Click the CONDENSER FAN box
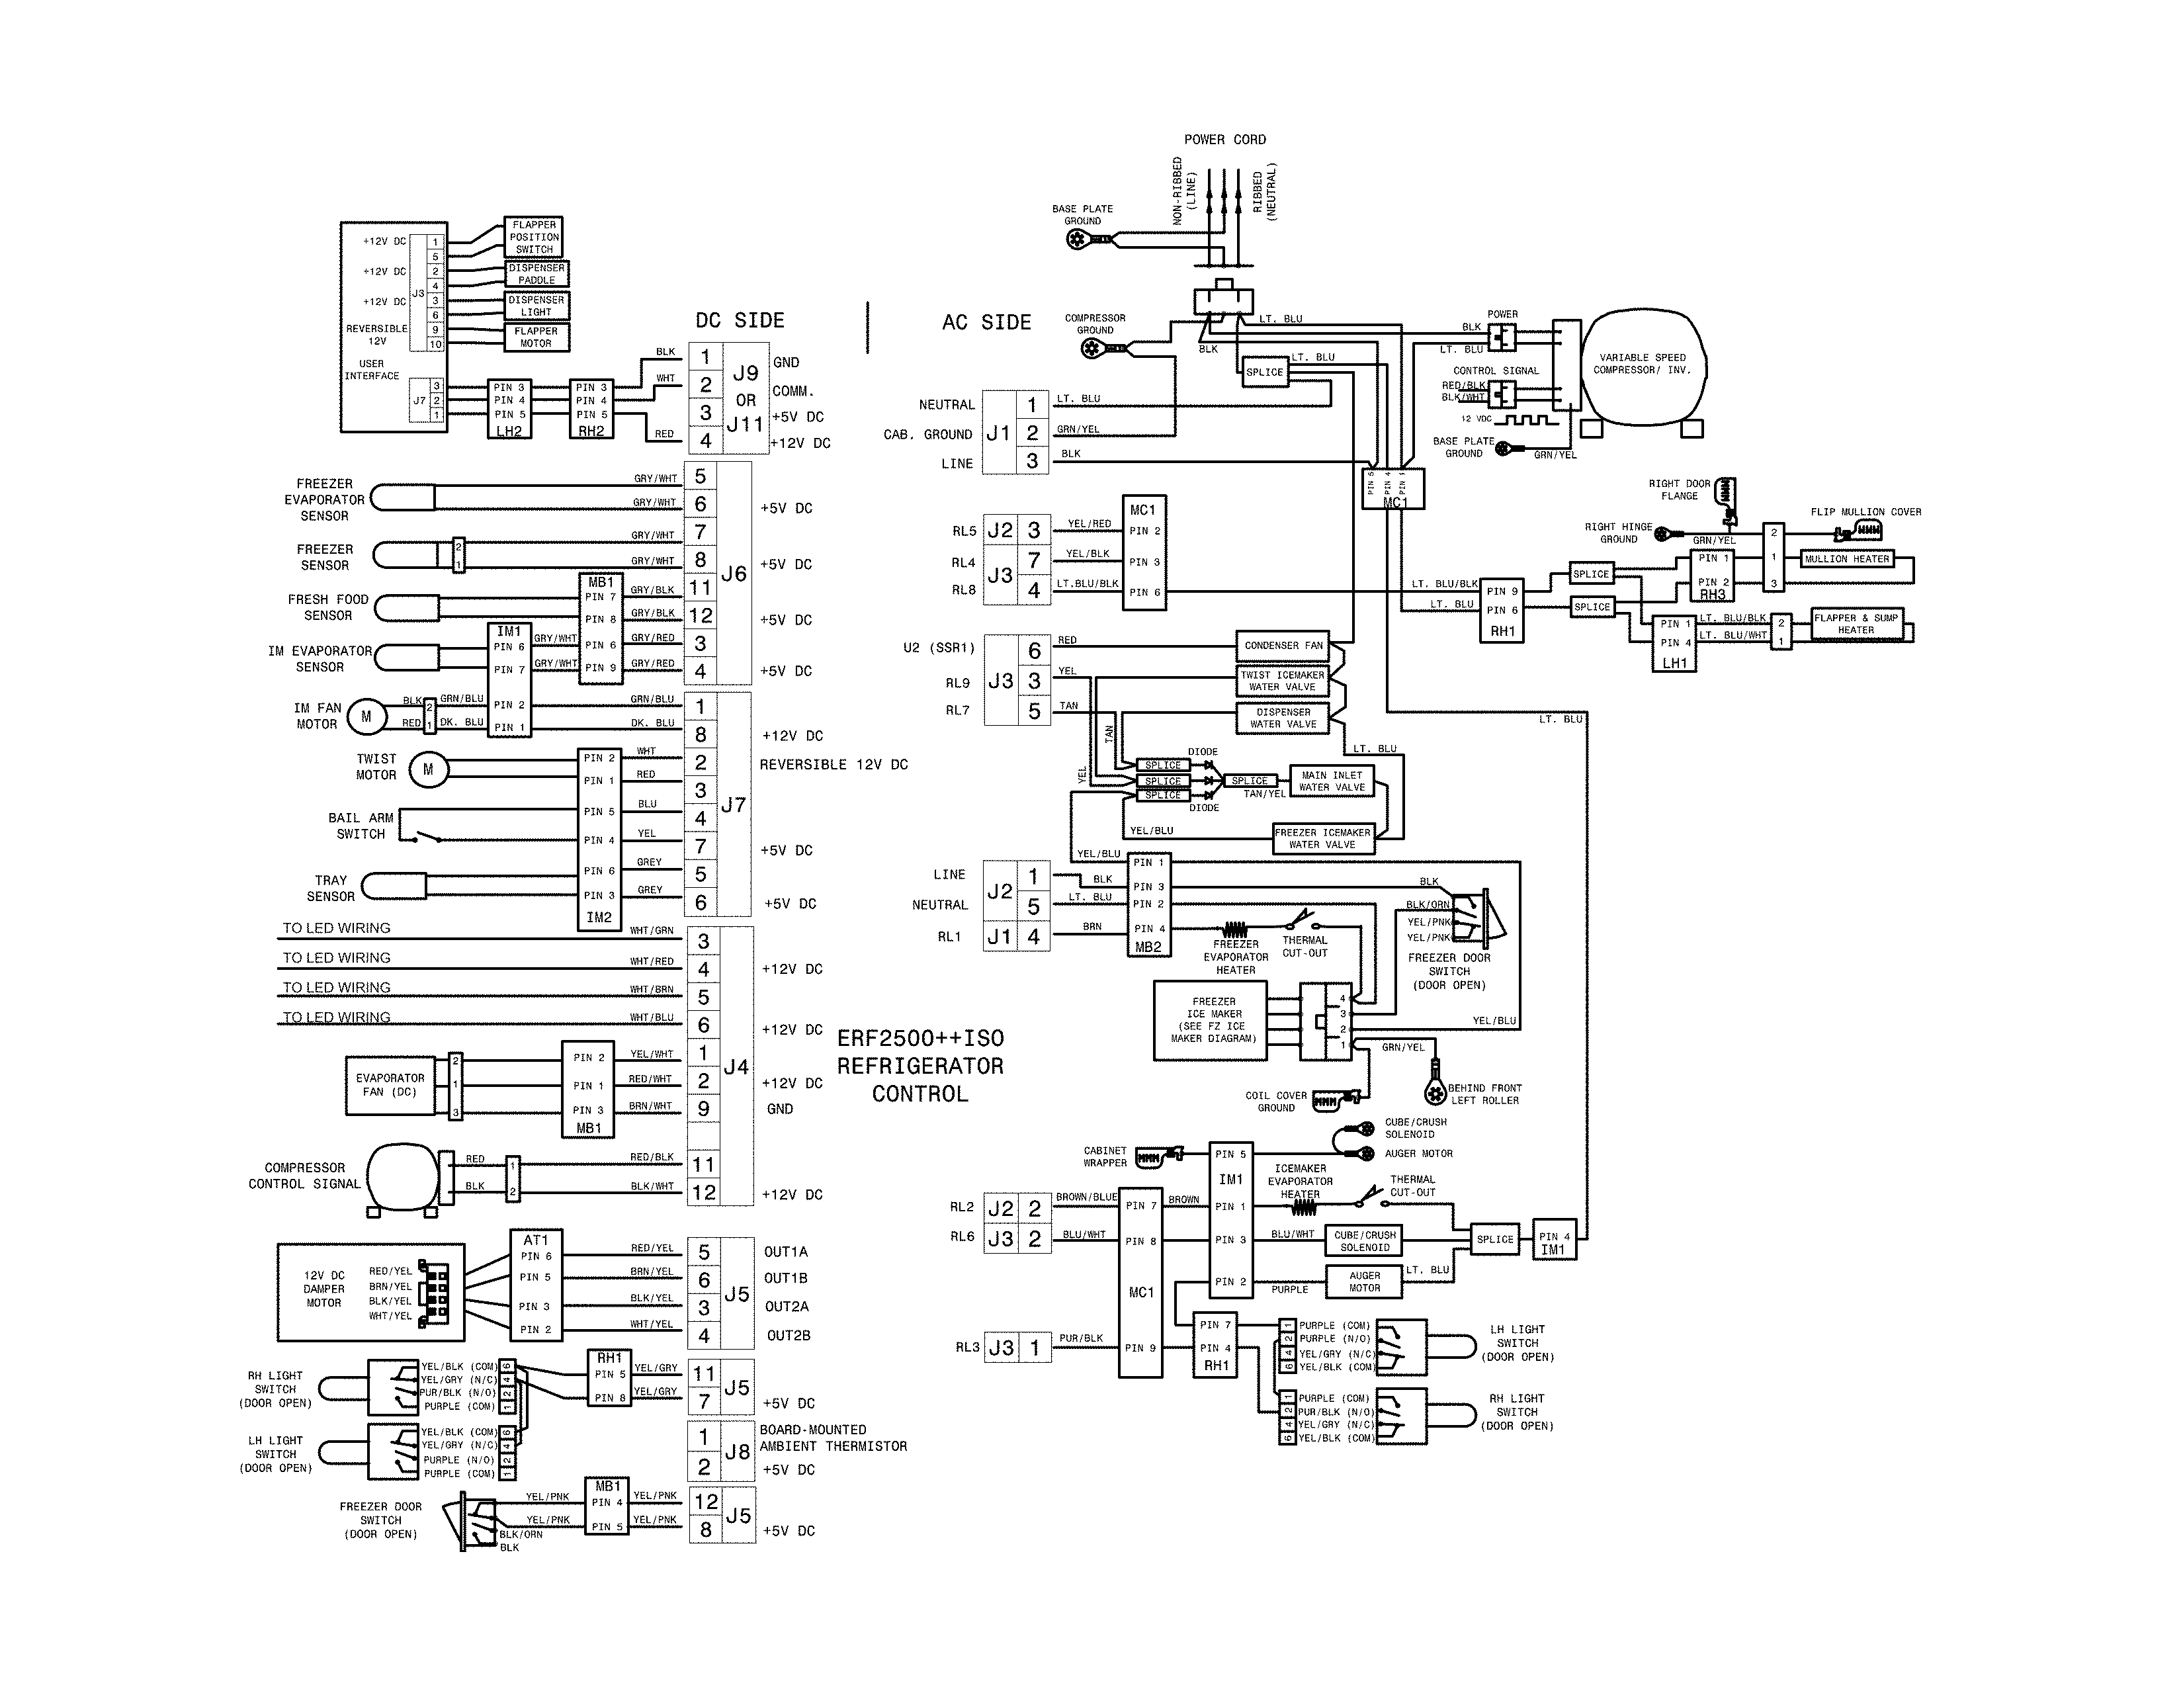(1283, 646)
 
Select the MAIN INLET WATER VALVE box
(1332, 781)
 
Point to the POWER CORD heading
(1224, 140)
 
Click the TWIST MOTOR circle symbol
(429, 769)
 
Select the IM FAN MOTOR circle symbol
(366, 716)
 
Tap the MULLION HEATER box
(1846, 560)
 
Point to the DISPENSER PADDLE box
(536, 274)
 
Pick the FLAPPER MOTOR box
(536, 337)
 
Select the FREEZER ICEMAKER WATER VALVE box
(1322, 838)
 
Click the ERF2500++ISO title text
(920, 1039)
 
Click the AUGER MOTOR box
(1364, 1281)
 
